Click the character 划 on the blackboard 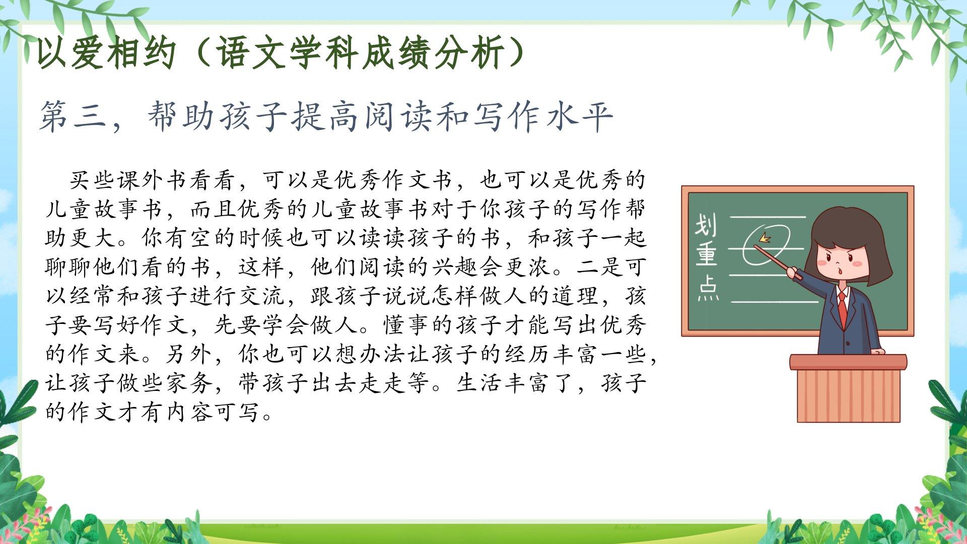[706, 225]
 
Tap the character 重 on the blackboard [707, 256]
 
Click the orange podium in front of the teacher [848, 388]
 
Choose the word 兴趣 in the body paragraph [455, 267]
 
